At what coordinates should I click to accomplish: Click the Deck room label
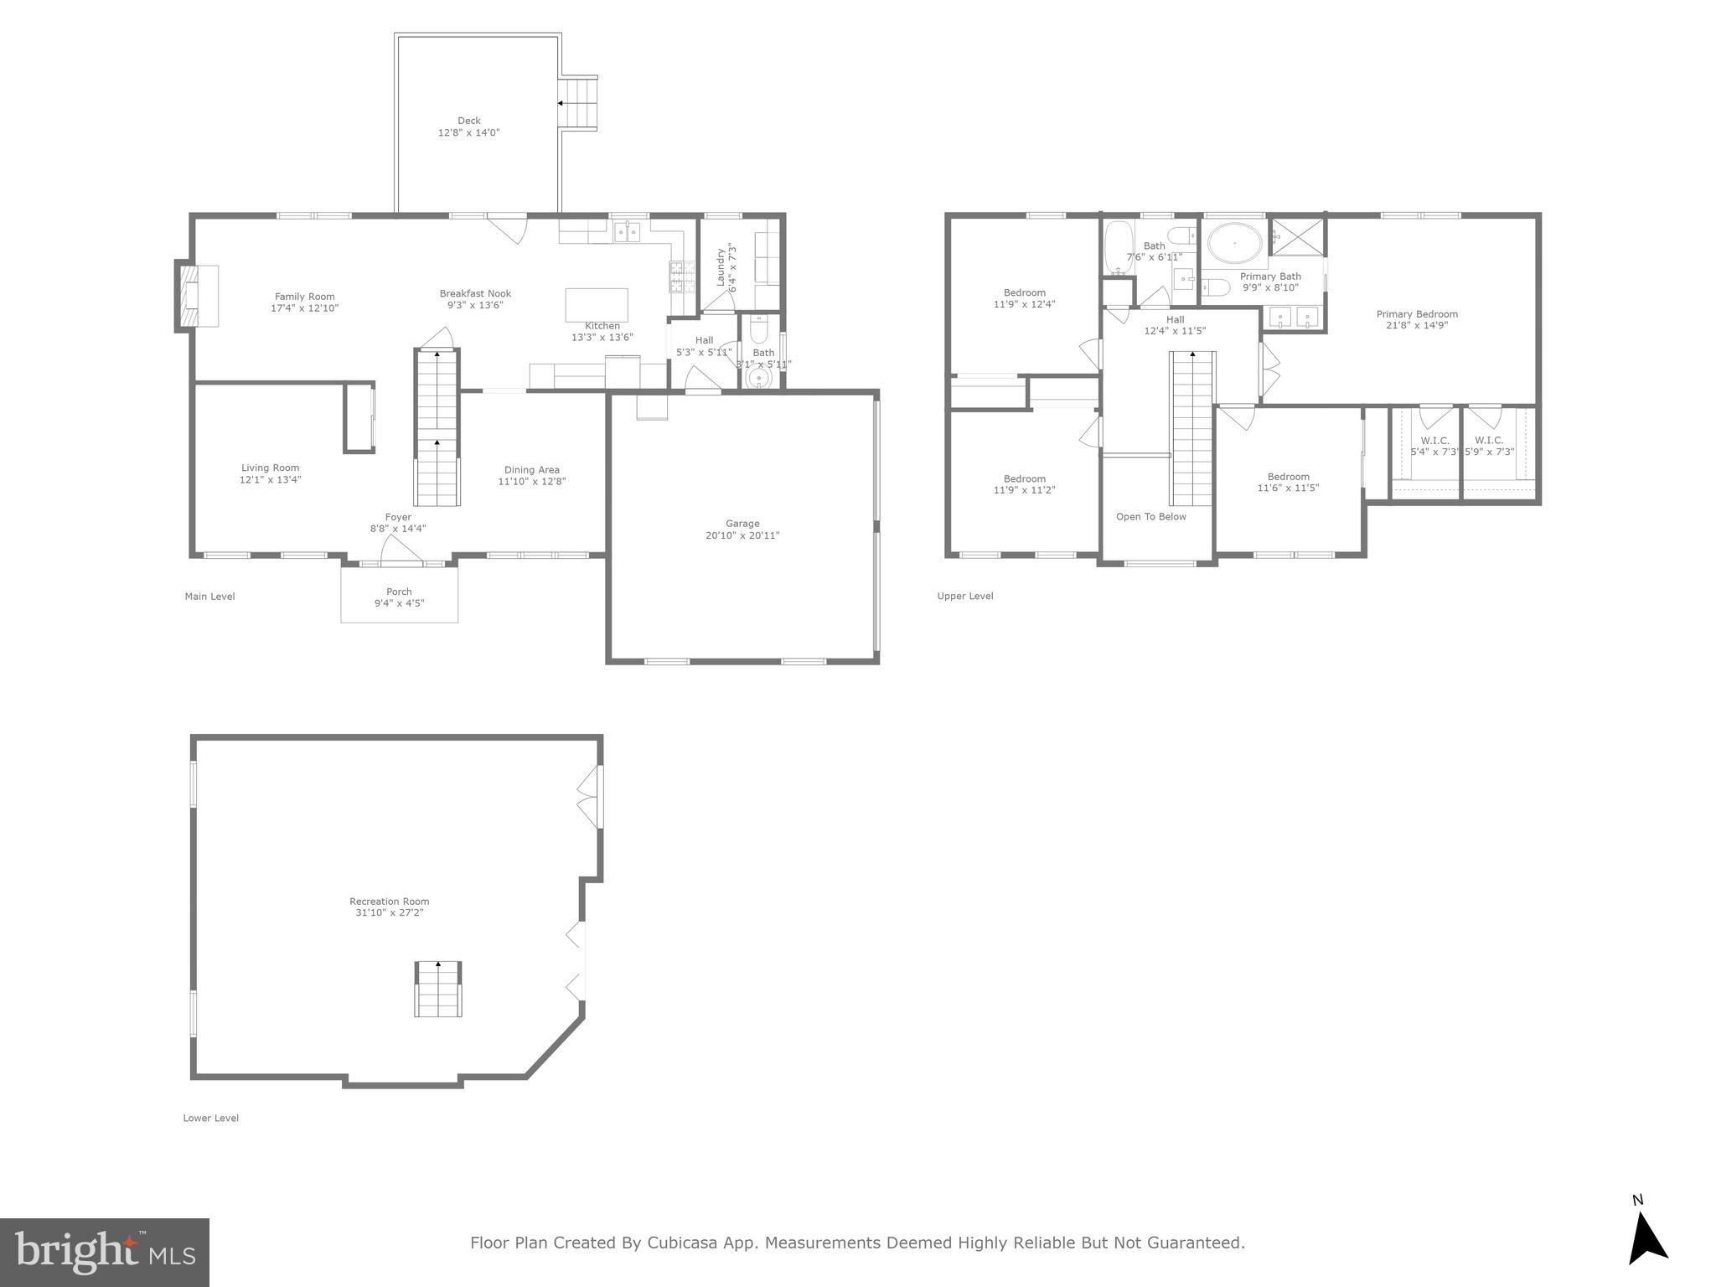468,121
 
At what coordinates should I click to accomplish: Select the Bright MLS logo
104,1252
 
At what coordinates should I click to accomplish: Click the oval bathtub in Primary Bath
1234,244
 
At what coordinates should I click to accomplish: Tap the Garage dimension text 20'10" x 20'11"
742,535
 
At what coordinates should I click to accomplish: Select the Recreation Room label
389,902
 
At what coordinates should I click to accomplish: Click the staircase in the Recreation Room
438,989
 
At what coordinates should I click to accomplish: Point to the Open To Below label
1150,517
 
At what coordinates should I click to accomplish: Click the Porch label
399,592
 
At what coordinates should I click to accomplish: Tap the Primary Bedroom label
1416,314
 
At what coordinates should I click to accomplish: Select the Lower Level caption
211,1118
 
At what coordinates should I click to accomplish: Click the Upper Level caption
965,597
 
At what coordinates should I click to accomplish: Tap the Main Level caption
209,597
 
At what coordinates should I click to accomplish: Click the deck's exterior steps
579,102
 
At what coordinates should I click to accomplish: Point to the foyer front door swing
400,550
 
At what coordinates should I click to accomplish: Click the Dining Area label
531,470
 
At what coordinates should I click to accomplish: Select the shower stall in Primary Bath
1297,236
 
